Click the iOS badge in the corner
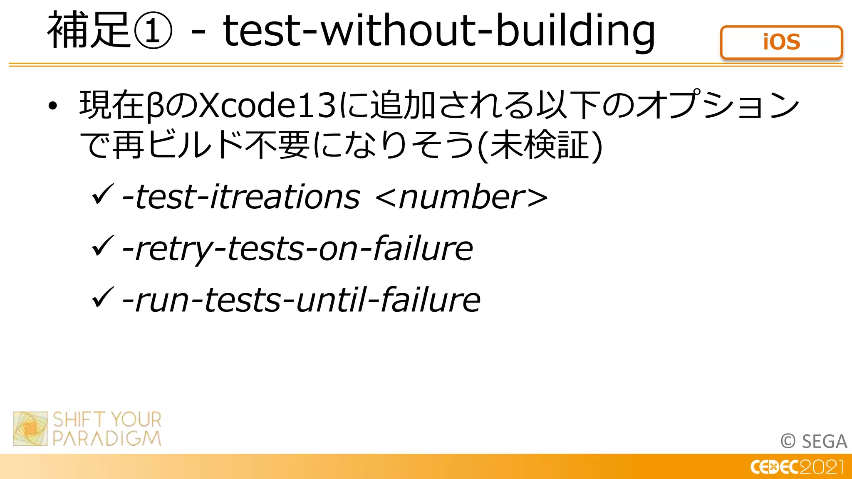click(x=781, y=42)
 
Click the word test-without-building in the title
click(x=439, y=31)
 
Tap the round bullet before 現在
click(x=52, y=106)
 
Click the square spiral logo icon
click(x=30, y=428)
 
